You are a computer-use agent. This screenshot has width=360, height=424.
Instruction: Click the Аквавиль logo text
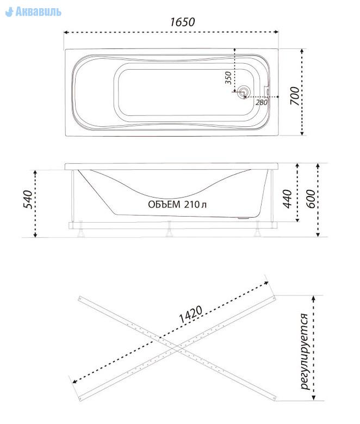[39, 11]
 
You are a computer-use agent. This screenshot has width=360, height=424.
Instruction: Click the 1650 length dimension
[182, 22]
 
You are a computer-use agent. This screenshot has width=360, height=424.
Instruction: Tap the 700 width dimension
[295, 96]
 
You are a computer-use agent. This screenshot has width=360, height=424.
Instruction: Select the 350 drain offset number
[228, 78]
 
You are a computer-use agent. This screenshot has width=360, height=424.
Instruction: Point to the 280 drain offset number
[262, 102]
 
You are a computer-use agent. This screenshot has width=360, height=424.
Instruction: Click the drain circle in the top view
[244, 92]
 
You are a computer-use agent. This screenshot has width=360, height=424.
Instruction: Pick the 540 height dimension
[28, 200]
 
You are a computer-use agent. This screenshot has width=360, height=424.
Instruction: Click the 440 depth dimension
[287, 199]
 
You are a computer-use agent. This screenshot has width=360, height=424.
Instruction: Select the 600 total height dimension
[311, 199]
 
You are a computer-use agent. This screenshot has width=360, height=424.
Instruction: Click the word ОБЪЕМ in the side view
[164, 205]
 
